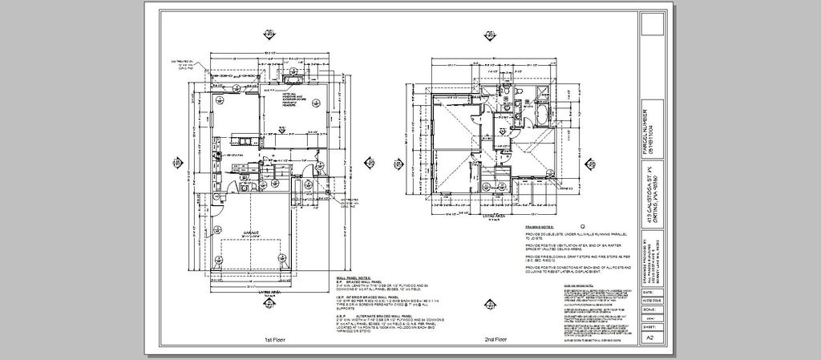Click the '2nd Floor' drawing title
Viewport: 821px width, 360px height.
(495, 340)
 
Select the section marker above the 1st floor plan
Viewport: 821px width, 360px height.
(266, 34)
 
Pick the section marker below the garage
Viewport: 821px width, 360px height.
(265, 303)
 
